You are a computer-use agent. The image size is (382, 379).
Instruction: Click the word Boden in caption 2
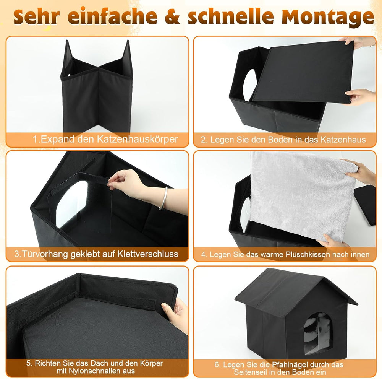tap(274, 140)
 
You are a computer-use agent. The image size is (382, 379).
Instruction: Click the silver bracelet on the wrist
tap(164, 198)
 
